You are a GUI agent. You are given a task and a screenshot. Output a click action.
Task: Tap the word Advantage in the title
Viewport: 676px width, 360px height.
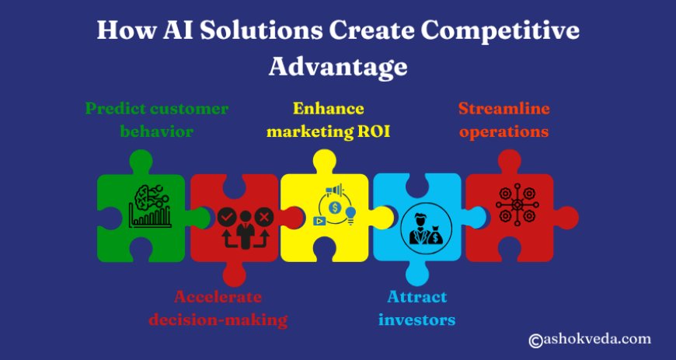pos(338,66)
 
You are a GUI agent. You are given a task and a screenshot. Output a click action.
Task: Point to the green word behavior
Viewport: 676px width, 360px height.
pos(156,131)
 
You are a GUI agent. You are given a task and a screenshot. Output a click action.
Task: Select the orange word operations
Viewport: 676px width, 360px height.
pos(504,131)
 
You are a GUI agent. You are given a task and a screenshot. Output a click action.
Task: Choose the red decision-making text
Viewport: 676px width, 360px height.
pos(230,319)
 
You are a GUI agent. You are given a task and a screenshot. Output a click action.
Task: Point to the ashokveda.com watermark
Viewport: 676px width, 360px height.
pos(590,339)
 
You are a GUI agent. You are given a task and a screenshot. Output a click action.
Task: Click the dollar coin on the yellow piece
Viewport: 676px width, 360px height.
pos(335,208)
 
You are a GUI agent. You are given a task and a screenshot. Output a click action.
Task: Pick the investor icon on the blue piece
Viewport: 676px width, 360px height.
pos(420,227)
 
